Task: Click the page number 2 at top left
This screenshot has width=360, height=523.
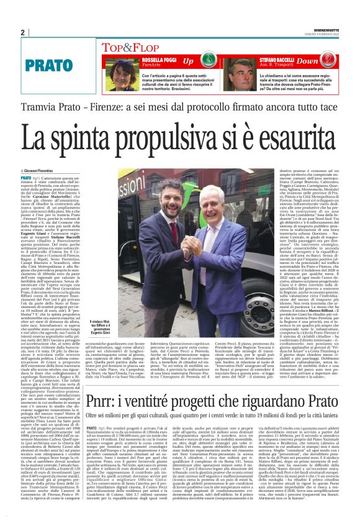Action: pos(23,32)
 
